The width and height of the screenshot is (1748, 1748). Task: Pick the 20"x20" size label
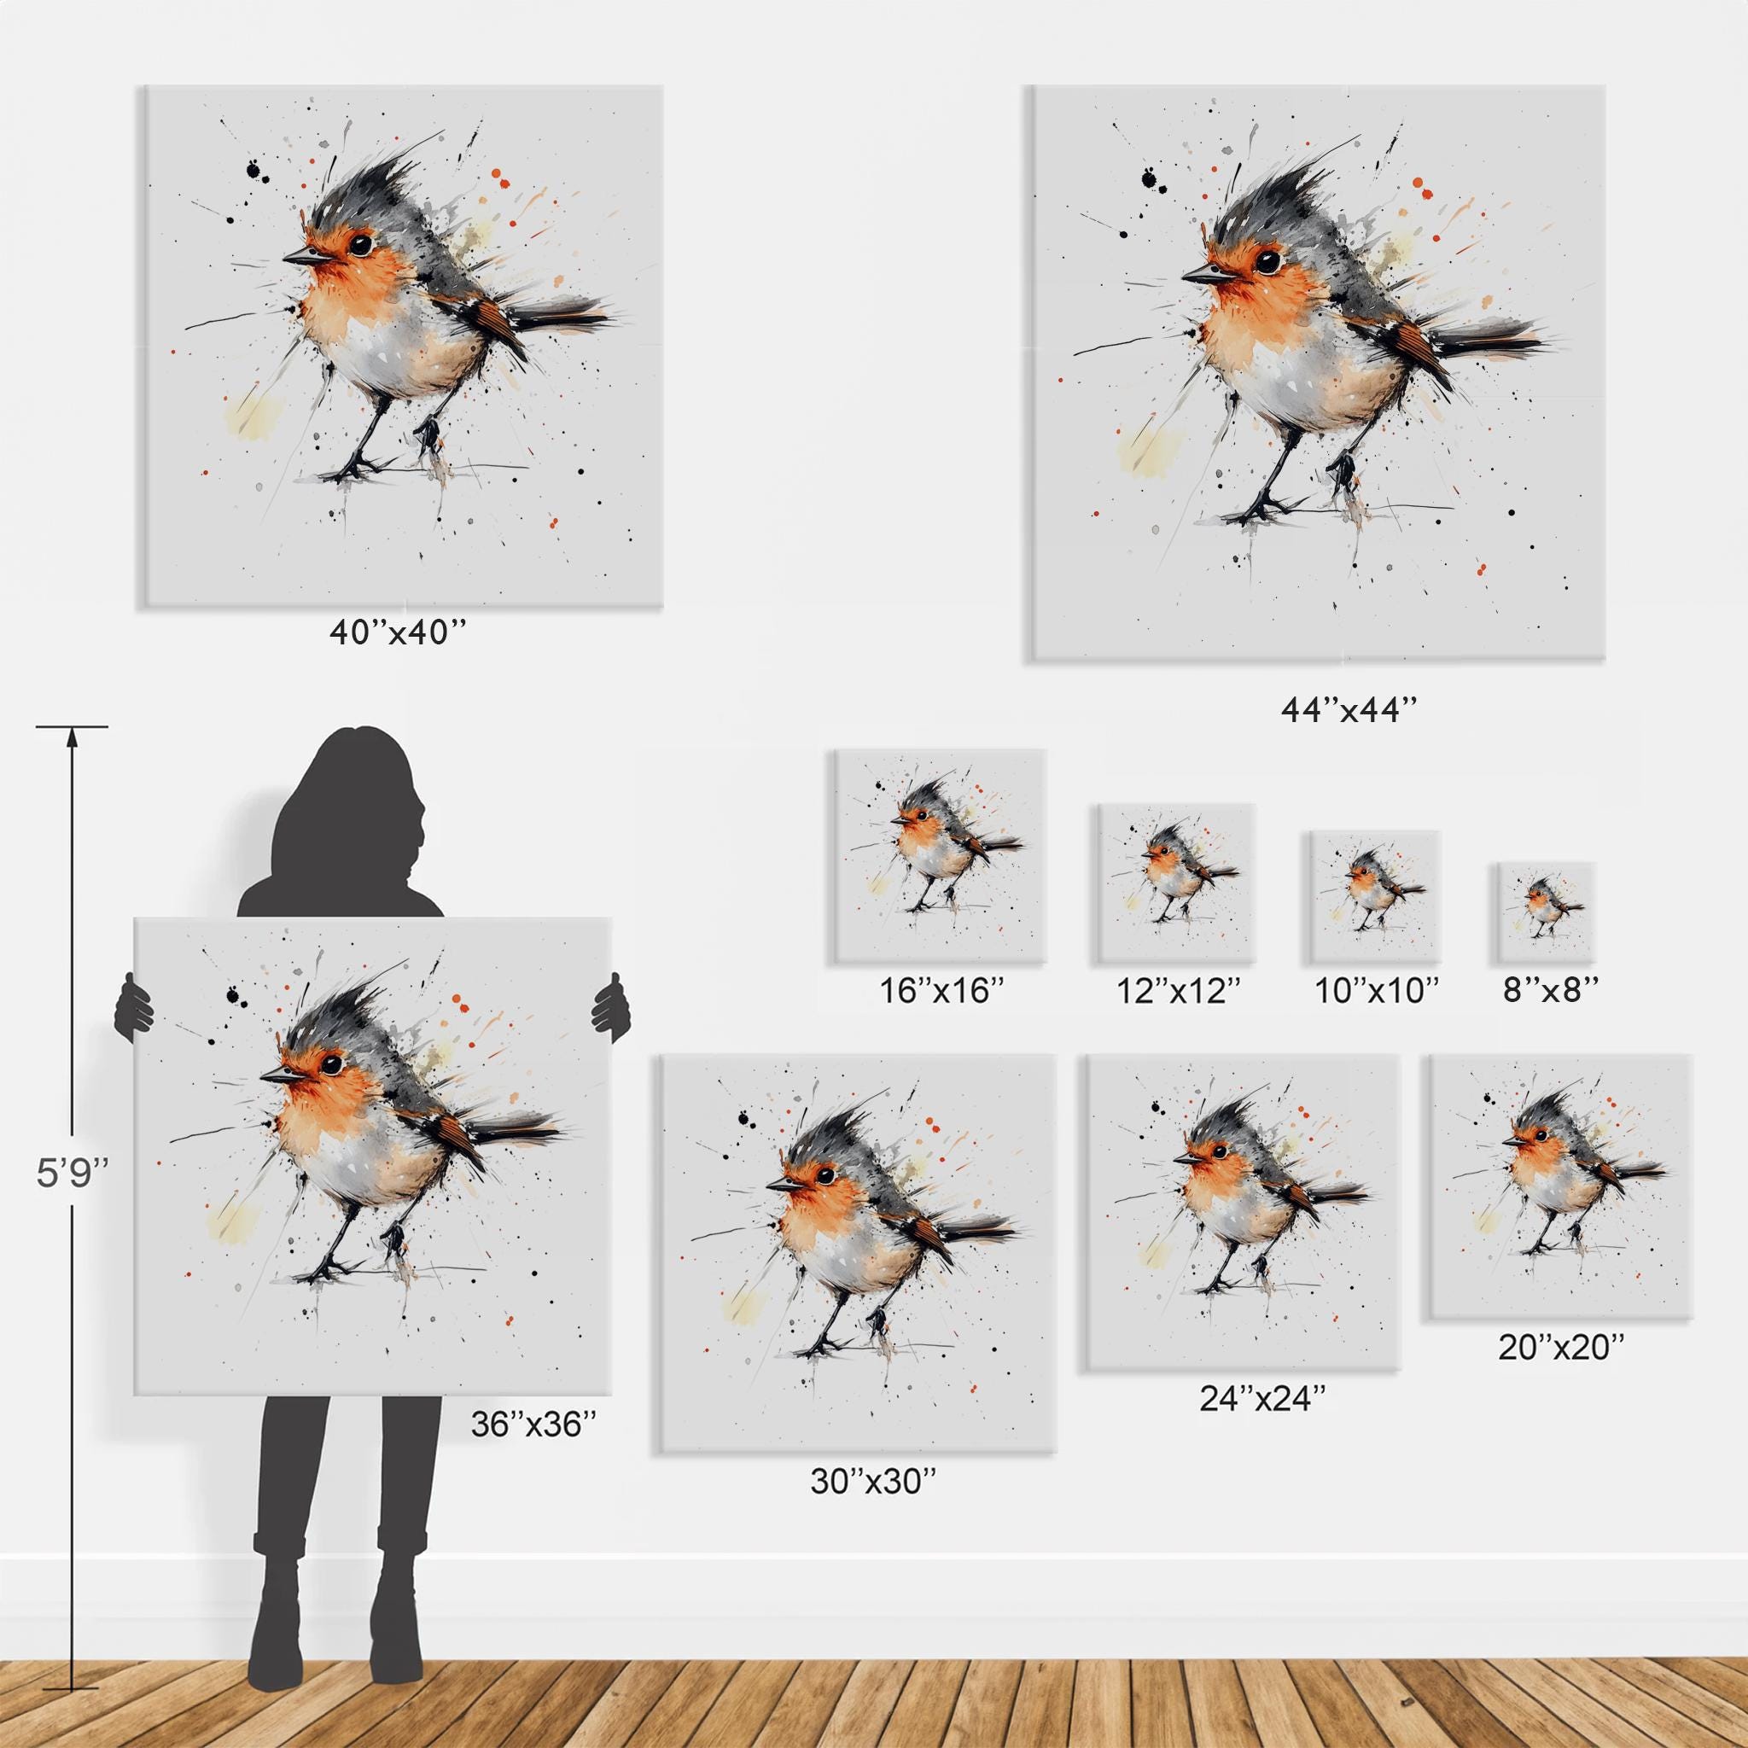coord(1563,1372)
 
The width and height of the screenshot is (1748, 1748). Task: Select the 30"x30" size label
coord(873,1506)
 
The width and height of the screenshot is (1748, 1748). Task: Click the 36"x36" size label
coord(533,1425)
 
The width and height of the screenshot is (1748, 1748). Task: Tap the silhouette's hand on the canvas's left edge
coord(134,1004)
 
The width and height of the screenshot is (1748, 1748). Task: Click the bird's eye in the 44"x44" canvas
coord(1267,260)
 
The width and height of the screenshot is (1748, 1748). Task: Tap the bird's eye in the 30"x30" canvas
coord(824,1175)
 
